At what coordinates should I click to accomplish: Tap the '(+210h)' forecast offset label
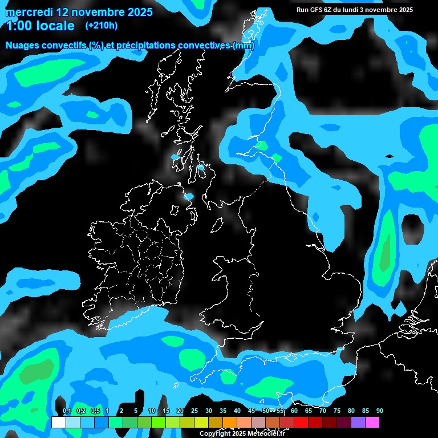pos(102,25)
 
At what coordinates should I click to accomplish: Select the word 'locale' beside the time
pos(55,26)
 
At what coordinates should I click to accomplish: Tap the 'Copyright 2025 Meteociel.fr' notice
pos(242,433)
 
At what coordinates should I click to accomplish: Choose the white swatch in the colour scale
pos(58,423)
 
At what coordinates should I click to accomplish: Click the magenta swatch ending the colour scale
pos(372,423)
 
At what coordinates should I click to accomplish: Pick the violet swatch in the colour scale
pos(358,423)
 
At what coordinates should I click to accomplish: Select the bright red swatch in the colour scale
pos(301,423)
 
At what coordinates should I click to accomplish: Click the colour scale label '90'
pos(379,411)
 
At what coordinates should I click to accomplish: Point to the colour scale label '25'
pos(194,411)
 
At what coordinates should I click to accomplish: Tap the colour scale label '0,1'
pos(67,411)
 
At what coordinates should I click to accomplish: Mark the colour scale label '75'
pos(336,411)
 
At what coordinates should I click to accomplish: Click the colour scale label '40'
pos(237,411)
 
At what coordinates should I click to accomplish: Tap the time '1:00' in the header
pos(18,26)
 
